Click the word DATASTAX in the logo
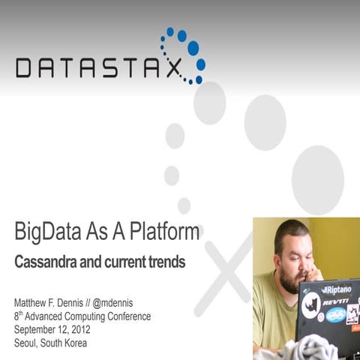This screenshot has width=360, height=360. [x=98, y=68]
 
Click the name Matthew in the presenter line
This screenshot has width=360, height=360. [x=33, y=303]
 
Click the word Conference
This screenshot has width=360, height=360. [x=126, y=316]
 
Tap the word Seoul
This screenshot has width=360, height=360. [x=28, y=343]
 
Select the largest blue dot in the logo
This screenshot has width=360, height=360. [x=193, y=49]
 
